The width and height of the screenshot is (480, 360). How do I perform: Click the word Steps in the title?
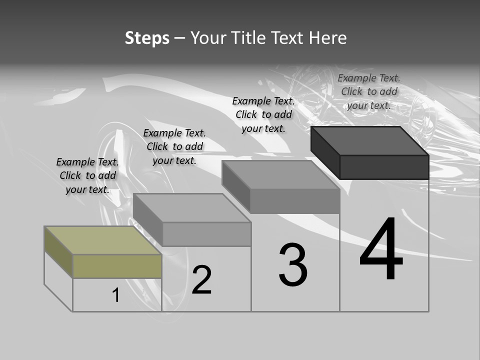click(147, 38)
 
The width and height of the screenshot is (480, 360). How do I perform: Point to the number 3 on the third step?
click(293, 265)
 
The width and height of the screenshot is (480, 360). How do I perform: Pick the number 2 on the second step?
click(201, 279)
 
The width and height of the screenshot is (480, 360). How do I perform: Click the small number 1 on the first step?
click(116, 295)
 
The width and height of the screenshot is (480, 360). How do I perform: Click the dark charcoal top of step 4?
click(370, 140)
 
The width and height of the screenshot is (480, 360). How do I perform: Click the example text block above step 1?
click(87, 175)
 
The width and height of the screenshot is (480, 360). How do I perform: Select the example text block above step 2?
click(174, 146)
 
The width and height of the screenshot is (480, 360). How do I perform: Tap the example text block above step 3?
click(263, 114)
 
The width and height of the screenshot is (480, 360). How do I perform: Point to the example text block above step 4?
click(369, 91)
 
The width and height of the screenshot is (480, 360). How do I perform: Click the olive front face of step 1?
click(117, 266)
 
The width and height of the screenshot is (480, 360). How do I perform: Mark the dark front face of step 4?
click(384, 166)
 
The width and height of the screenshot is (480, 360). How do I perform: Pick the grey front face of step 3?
click(295, 201)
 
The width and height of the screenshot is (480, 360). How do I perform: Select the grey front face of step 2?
click(206, 234)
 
